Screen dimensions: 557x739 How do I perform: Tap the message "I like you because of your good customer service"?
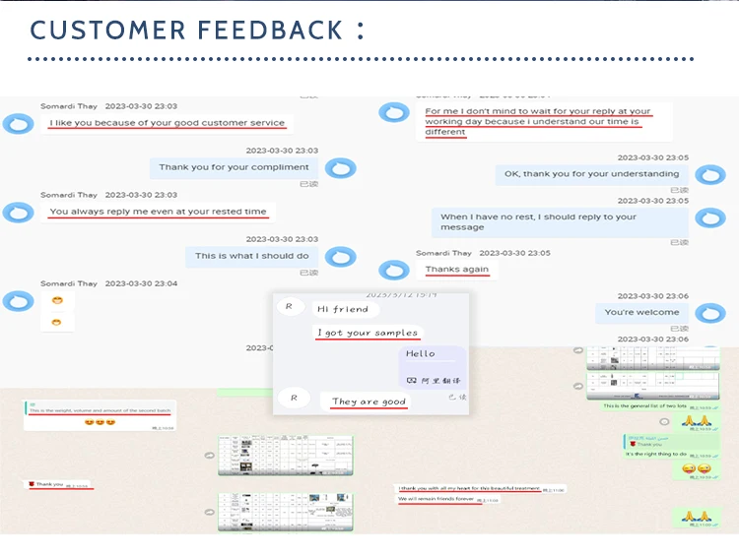coord(167,123)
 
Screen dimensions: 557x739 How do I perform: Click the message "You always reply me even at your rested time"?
coord(158,212)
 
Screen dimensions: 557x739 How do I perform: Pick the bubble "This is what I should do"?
coord(251,256)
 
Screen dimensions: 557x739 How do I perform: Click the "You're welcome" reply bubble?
coord(641,313)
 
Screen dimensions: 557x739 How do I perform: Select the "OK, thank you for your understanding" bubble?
coord(591,174)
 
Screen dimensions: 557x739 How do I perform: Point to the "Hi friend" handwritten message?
coord(343,309)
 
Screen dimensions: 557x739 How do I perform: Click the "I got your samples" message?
coord(369,333)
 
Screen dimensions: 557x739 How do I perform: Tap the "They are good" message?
coord(369,402)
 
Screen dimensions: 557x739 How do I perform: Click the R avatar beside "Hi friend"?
coord(289,307)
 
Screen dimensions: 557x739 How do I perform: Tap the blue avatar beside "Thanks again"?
coord(394,270)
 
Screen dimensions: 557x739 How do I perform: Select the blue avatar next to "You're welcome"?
coord(709,313)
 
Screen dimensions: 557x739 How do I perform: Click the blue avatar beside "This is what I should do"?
coord(341,257)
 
